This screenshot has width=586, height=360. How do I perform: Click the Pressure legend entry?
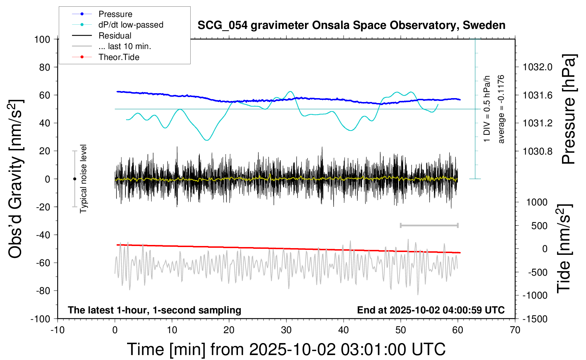pyautogui.click(x=115, y=14)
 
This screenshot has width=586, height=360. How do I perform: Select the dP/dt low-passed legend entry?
pyautogui.click(x=131, y=25)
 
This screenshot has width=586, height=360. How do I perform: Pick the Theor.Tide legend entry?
pyautogui.click(x=119, y=57)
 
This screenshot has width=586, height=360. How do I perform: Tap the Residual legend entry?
pyautogui.click(x=115, y=36)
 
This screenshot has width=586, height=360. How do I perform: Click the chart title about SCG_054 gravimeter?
pyautogui.click(x=351, y=25)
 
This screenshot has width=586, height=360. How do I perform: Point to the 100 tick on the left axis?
pyautogui.click(x=42, y=39)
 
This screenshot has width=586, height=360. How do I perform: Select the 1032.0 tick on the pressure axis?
pyautogui.click(x=538, y=67)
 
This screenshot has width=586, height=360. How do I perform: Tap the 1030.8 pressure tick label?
pyautogui.click(x=538, y=151)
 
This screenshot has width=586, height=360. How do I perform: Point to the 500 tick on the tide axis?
pyautogui.click(x=539, y=226)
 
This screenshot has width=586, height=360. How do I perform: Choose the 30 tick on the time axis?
pyautogui.click(x=286, y=330)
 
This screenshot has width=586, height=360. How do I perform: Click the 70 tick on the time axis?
pyautogui.click(x=515, y=330)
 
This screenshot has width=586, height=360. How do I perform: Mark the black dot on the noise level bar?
pyautogui.click(x=74, y=179)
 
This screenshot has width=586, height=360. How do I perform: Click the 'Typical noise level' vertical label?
pyautogui.click(x=83, y=179)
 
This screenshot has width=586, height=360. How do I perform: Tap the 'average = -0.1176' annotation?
pyautogui.click(x=501, y=109)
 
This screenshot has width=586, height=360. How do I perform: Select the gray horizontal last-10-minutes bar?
pyautogui.click(x=429, y=225)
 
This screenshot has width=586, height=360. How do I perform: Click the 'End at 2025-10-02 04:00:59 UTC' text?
pyautogui.click(x=431, y=310)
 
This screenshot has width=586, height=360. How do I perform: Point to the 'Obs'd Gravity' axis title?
pyautogui.click(x=16, y=179)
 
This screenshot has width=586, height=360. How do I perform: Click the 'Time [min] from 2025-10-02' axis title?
pyautogui.click(x=286, y=349)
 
